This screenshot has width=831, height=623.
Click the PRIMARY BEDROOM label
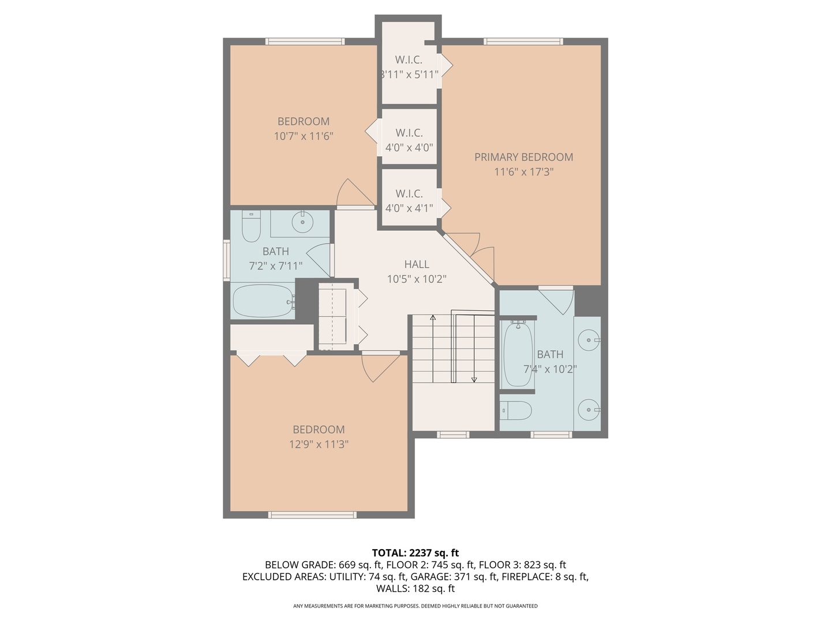(x=523, y=157)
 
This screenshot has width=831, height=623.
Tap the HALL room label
(x=416, y=264)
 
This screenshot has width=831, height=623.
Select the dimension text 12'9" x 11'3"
(x=319, y=444)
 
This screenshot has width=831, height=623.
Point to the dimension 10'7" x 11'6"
(x=304, y=136)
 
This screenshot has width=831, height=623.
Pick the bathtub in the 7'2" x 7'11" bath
(x=263, y=301)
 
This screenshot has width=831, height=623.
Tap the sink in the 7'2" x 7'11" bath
(x=302, y=221)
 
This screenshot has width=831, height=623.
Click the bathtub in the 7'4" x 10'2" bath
(x=518, y=354)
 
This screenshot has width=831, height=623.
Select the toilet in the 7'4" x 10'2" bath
(x=515, y=411)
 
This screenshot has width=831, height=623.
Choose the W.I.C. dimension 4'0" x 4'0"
(x=409, y=148)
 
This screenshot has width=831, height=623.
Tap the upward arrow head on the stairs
(x=432, y=317)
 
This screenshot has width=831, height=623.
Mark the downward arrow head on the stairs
(x=474, y=379)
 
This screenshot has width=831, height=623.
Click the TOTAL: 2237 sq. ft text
(x=415, y=553)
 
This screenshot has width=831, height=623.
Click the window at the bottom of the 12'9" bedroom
(x=312, y=515)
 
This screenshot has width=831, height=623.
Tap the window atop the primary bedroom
(x=523, y=42)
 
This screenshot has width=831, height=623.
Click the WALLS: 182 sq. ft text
(x=415, y=588)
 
